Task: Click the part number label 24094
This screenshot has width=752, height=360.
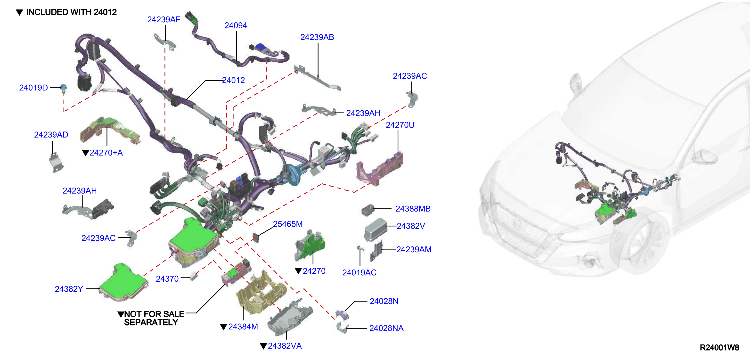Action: pos(236,25)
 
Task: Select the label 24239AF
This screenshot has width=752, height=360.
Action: pos(163,20)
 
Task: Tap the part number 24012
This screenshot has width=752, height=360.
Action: pos(234,80)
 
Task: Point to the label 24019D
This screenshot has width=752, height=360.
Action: pos(33,88)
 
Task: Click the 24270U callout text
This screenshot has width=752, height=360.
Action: pos(400,125)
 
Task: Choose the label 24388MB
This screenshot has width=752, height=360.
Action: pos(413,209)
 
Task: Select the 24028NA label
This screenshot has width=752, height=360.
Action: pos(386,328)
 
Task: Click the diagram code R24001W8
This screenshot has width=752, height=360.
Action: pos(719,347)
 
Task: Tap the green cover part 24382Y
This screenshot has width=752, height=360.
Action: pos(123,282)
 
